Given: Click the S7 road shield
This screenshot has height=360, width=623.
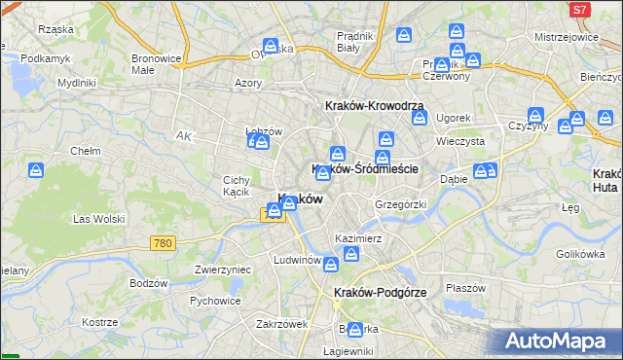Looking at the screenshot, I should tap(580, 10).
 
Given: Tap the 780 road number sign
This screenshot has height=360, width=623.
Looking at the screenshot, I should tap(164, 242).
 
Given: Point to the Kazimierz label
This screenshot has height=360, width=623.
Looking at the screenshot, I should tap(356, 238).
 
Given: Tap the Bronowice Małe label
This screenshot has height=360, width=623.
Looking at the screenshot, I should tap(156, 63).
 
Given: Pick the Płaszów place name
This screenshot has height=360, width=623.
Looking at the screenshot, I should tap(465, 288).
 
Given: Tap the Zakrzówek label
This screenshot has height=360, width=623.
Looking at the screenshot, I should tap(281, 324).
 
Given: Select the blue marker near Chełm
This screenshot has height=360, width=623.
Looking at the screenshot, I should tap(37, 172).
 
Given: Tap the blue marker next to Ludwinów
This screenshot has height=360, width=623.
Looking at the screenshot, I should tap(331, 264).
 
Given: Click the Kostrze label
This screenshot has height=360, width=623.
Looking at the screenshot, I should tap(101, 322).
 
